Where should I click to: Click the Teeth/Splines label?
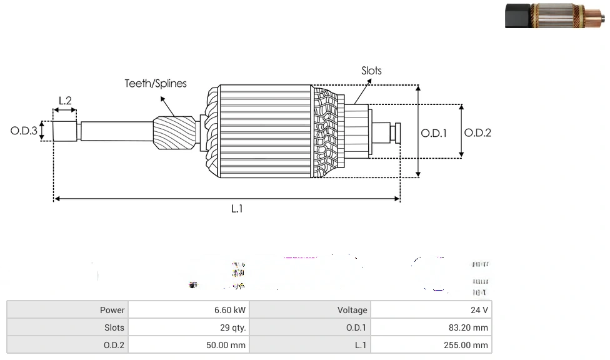click(156, 83)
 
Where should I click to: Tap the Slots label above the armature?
click(371, 71)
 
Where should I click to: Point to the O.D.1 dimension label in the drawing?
click(434, 132)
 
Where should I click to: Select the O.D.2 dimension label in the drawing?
click(477, 132)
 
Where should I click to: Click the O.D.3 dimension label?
click(24, 131)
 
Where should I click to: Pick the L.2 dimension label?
click(65, 100)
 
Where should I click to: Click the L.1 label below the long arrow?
click(236, 209)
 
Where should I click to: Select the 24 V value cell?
click(480, 310)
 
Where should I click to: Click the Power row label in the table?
click(112, 310)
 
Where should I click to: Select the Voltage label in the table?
click(352, 310)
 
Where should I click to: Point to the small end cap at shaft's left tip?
click(64, 132)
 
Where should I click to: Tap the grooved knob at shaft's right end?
click(396, 132)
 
